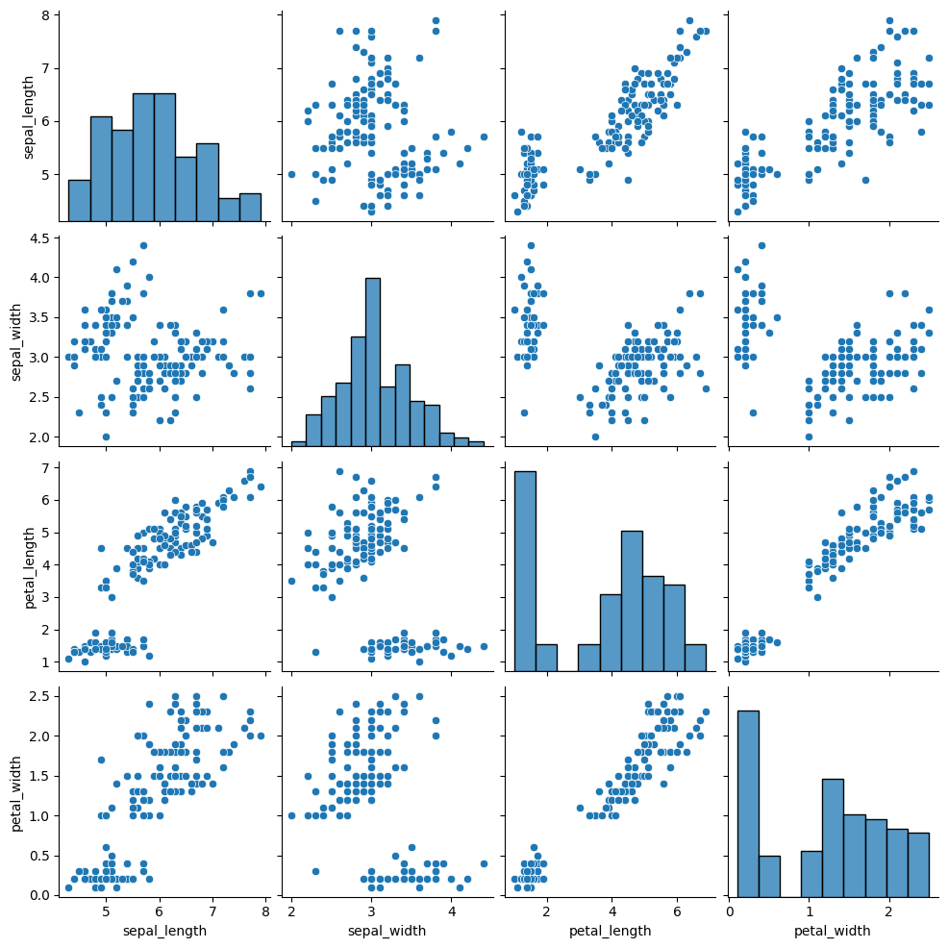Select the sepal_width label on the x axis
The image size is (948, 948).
[371, 931]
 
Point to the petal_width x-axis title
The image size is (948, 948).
[832, 931]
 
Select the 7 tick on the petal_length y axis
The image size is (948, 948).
[44, 467]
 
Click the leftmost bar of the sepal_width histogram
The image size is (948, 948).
[298, 442]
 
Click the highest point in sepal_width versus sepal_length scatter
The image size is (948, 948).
[143, 245]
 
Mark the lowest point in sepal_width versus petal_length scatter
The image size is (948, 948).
[595, 437]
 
